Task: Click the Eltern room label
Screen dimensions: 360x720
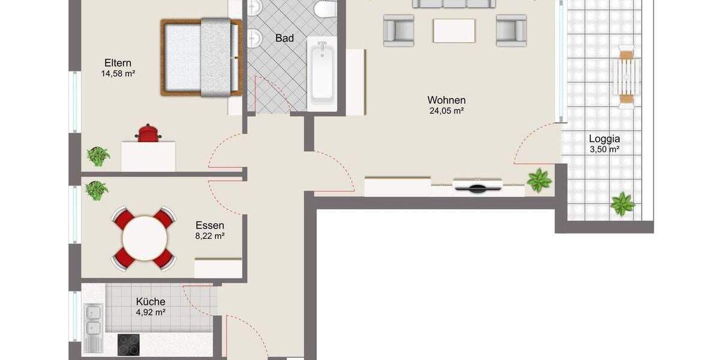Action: pyautogui.click(x=118, y=63)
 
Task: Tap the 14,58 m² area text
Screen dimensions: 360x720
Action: pyautogui.click(x=118, y=74)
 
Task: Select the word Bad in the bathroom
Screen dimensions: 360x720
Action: pyautogui.click(x=284, y=38)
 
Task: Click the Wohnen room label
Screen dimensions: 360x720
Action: pyautogui.click(x=446, y=100)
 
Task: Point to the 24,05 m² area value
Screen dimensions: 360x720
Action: pyautogui.click(x=446, y=111)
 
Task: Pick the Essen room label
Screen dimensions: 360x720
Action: pyautogui.click(x=210, y=226)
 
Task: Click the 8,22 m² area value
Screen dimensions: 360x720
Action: pyautogui.click(x=210, y=236)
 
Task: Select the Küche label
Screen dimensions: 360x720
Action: pyautogui.click(x=151, y=302)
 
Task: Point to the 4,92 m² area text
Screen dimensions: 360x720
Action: pyautogui.click(x=151, y=312)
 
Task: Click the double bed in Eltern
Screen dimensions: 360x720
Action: pyautogui.click(x=200, y=57)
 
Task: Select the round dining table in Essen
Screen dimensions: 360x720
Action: pyautogui.click(x=144, y=238)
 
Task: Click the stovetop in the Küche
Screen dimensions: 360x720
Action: pyautogui.click(x=129, y=345)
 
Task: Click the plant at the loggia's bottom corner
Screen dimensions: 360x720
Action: pyautogui.click(x=622, y=204)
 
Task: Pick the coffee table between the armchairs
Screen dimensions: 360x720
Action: pyautogui.click(x=454, y=30)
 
